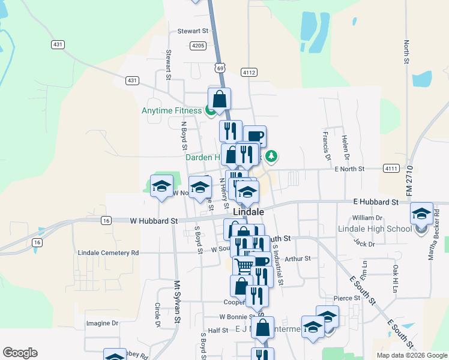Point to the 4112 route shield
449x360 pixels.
coord(249,72)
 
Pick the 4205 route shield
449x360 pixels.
coord(198,46)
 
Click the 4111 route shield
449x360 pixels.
coord(391,169)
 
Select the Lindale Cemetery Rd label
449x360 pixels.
coord(108,253)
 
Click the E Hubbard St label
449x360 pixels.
coord(376,202)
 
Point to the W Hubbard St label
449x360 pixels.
coord(154,220)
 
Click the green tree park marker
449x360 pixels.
coord(272,157)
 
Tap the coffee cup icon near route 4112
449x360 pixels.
coord(255,136)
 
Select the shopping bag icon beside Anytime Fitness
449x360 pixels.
coord(220,99)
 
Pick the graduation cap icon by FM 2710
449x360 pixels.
coord(421,213)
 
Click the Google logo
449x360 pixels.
coord(20,353)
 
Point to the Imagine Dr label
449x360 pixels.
coord(103,323)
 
